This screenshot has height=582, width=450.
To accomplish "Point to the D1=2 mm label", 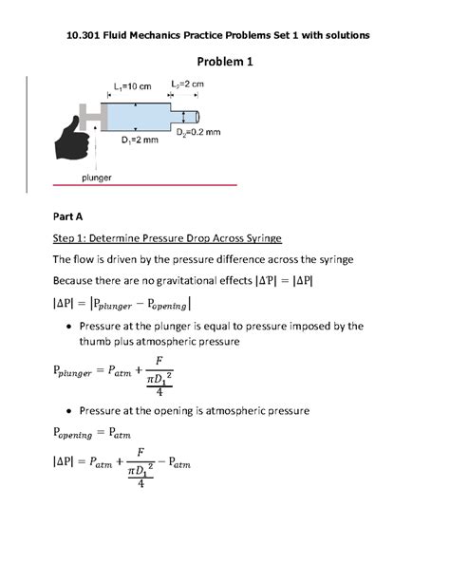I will pyautogui.click(x=139, y=141).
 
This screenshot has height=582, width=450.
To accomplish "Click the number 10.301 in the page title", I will pyautogui.click(x=86, y=35).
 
